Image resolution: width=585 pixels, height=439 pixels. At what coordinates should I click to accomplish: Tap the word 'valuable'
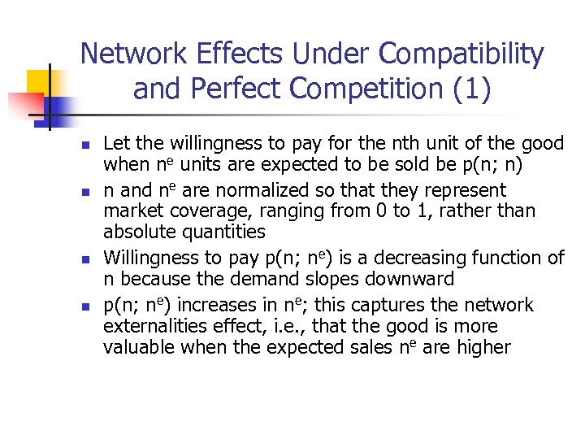click(136, 348)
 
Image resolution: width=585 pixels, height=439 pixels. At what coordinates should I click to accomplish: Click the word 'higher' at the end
click(484, 348)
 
